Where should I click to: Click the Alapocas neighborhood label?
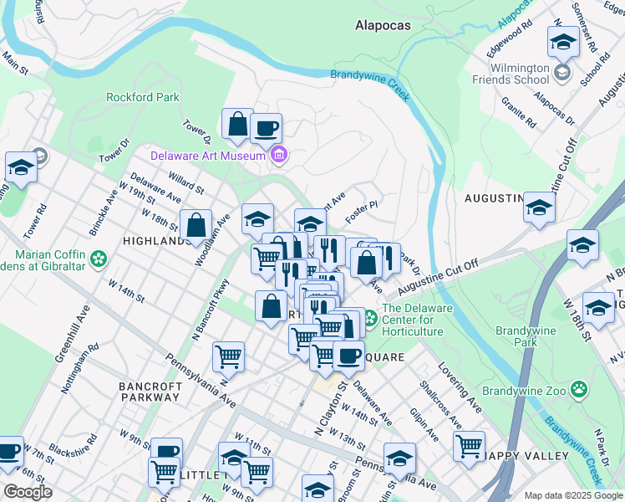pyautogui.click(x=383, y=25)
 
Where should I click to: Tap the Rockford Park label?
pyautogui.click(x=143, y=97)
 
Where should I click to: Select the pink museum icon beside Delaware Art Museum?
pyautogui.click(x=279, y=155)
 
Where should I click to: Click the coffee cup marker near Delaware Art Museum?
pyautogui.click(x=266, y=129)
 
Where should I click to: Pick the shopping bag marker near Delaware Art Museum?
pyautogui.click(x=238, y=125)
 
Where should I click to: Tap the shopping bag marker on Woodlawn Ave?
pyautogui.click(x=196, y=225)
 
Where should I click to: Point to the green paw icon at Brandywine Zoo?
pyautogui.click(x=578, y=388)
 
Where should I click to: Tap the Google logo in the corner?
pyautogui.click(x=28, y=492)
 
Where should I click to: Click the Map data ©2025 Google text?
pyautogui.click(x=573, y=495)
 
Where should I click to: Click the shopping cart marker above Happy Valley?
pyautogui.click(x=470, y=444)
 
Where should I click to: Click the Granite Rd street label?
pyautogui.click(x=519, y=111)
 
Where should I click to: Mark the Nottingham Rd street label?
pyautogui.click(x=79, y=369)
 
